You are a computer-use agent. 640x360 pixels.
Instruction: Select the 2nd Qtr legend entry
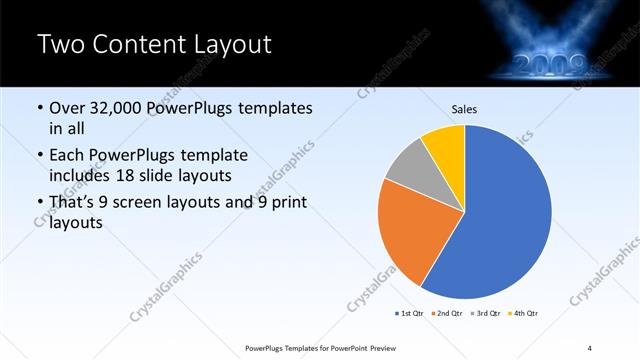coord(446,314)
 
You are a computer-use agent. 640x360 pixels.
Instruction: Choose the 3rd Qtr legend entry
coord(485,314)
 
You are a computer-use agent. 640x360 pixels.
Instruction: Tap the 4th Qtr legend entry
coord(524,314)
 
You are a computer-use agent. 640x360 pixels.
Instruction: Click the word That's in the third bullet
coord(75,203)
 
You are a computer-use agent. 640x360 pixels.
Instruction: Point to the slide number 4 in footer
coord(590,347)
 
